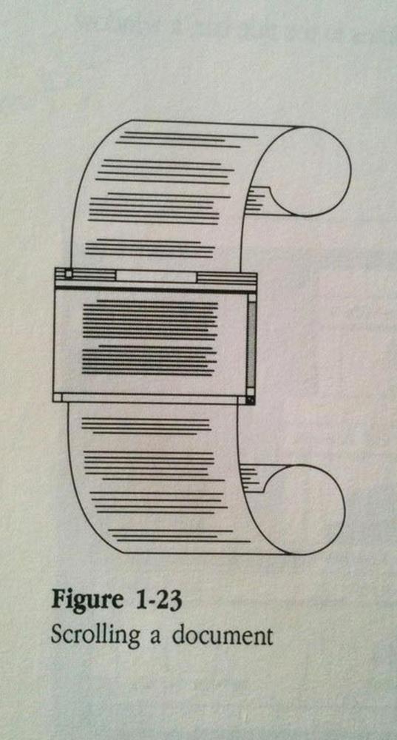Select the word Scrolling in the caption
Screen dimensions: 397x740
[x=95, y=636]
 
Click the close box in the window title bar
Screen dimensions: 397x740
[x=68, y=274]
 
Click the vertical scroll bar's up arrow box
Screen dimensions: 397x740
[x=252, y=297]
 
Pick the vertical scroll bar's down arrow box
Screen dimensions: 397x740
[x=251, y=391]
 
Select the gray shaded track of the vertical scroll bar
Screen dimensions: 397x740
[x=252, y=344]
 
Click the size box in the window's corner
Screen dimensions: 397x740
[x=251, y=400]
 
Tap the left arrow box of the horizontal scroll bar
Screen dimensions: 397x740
[x=58, y=398]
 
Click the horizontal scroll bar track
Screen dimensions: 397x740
[x=150, y=400]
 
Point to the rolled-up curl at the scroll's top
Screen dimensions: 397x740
[x=302, y=172]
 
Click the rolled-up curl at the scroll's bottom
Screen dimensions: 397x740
[x=297, y=509]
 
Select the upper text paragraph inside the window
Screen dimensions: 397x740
[x=150, y=320]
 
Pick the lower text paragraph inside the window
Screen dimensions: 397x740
[x=149, y=360]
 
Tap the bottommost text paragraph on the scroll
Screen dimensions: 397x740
[x=179, y=536]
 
